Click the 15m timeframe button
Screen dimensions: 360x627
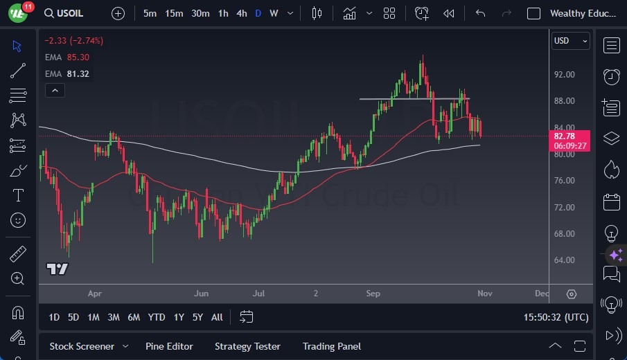(174, 13)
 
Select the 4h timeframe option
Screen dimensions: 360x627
(241, 13)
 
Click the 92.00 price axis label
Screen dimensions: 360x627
(564, 75)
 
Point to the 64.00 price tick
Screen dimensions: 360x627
(564, 260)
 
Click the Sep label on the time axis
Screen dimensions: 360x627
(373, 294)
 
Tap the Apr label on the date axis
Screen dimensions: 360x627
(95, 294)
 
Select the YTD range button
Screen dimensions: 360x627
(157, 317)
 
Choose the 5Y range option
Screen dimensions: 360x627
(197, 317)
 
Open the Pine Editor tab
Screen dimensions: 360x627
(169, 346)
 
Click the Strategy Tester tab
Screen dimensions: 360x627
(247, 346)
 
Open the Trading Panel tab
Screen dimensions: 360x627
(332, 346)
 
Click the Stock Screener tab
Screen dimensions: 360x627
(81, 346)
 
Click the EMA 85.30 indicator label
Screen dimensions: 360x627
(67, 57)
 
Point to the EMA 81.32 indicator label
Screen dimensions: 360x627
(67, 74)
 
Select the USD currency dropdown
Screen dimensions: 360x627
(570, 41)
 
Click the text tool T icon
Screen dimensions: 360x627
(18, 195)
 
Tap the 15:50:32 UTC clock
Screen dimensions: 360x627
(556, 317)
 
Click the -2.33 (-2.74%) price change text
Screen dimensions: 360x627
(73, 41)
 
